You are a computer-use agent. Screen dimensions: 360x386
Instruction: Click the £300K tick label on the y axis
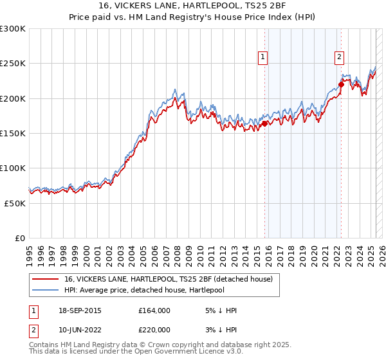tap(12, 29)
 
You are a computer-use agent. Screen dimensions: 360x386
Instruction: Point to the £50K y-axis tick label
tap(14, 203)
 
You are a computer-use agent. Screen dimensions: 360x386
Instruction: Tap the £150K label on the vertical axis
tap(12, 134)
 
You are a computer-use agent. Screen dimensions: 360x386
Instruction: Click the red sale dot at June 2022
tap(341, 84)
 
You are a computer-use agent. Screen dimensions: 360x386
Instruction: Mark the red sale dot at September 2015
tap(264, 123)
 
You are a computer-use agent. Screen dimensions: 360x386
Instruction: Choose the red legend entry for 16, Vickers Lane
tap(169, 279)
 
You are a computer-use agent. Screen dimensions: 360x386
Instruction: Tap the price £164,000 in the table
tap(154, 310)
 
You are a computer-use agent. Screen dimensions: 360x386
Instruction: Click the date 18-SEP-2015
tap(79, 310)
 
